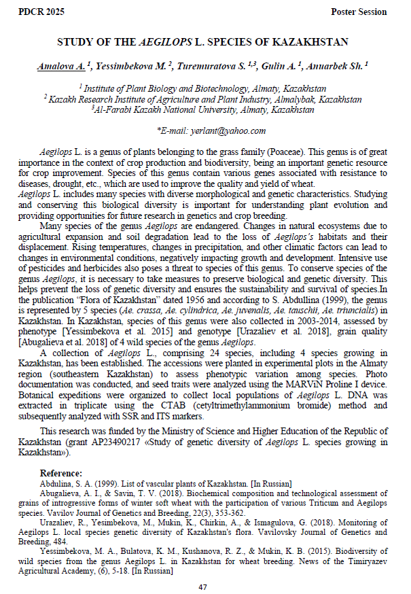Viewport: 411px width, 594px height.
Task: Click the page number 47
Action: tap(202, 587)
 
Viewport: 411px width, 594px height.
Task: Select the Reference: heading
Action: tap(61, 473)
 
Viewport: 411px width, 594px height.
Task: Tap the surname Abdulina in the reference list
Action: tap(56, 483)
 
